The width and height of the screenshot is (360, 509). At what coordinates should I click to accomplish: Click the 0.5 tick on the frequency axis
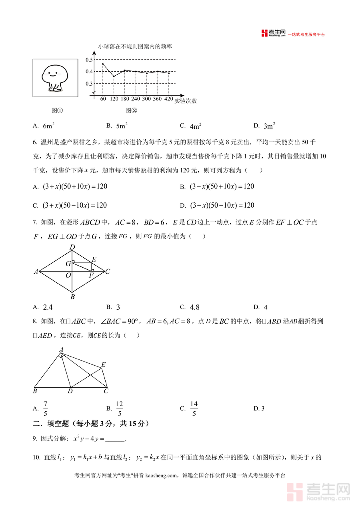coord(89,60)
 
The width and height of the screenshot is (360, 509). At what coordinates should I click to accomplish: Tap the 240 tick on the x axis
coord(136,99)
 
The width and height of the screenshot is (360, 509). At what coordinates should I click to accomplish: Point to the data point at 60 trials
coord(103,64)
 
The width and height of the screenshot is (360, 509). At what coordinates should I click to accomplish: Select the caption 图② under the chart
coord(132,110)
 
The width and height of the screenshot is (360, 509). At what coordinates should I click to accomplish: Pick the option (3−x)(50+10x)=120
coord(222,186)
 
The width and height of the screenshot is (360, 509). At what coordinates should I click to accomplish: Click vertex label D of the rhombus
coord(72,247)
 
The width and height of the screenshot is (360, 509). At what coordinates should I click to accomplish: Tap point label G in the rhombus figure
coord(68,264)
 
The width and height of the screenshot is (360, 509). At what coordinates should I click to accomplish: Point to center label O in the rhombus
coord(68,275)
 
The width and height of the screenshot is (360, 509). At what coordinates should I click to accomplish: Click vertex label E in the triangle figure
coord(103,365)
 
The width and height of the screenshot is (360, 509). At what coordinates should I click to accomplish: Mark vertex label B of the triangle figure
coord(35,391)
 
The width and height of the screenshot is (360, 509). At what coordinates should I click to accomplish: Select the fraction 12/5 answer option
coord(119,409)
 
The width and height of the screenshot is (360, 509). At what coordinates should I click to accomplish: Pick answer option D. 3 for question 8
coord(259,409)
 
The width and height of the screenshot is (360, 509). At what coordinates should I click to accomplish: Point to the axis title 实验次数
coord(186,101)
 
